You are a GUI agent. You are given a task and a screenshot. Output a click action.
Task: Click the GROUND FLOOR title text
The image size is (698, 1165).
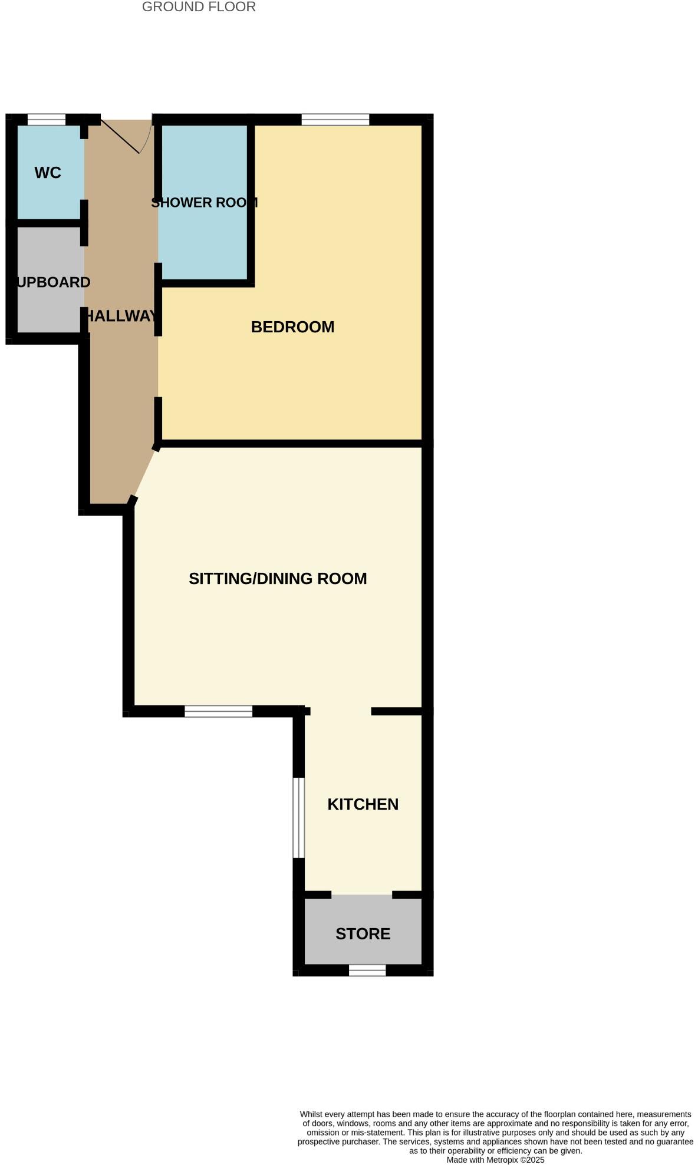coord(199,7)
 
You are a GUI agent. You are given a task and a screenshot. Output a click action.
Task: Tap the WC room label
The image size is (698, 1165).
coord(48,173)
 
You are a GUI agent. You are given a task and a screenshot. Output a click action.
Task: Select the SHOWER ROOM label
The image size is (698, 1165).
coord(204,203)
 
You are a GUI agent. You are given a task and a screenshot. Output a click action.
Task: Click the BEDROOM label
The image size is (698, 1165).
coord(292,327)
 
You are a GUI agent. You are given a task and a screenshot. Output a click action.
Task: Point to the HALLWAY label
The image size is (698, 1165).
coord(121,316)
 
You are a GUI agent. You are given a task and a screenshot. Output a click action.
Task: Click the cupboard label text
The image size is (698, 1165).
coord(53,282)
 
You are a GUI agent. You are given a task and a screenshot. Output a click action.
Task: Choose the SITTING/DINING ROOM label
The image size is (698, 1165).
coord(278,579)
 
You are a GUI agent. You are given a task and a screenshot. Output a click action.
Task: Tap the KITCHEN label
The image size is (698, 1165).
coord(363,804)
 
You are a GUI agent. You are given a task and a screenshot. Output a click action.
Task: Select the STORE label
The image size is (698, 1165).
coord(363,934)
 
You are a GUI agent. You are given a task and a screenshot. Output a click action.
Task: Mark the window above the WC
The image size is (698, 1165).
coord(47,120)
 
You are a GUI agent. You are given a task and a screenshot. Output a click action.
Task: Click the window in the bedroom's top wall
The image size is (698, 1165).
coord(335,120)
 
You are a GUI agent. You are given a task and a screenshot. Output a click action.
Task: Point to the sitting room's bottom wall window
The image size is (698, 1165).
coord(218,711)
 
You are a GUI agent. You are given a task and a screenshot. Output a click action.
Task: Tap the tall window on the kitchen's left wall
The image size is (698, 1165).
coord(299,817)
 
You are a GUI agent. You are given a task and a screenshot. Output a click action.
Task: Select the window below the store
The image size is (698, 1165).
coord(367,971)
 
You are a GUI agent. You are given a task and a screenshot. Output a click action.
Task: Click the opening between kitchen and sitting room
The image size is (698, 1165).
coord(341,711)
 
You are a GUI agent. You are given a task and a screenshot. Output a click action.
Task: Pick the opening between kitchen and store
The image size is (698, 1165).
coord(361,895)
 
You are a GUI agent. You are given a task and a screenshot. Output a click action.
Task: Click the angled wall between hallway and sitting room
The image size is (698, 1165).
coord(145,474)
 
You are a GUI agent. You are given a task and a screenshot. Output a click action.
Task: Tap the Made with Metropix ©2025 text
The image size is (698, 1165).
coord(495,1160)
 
